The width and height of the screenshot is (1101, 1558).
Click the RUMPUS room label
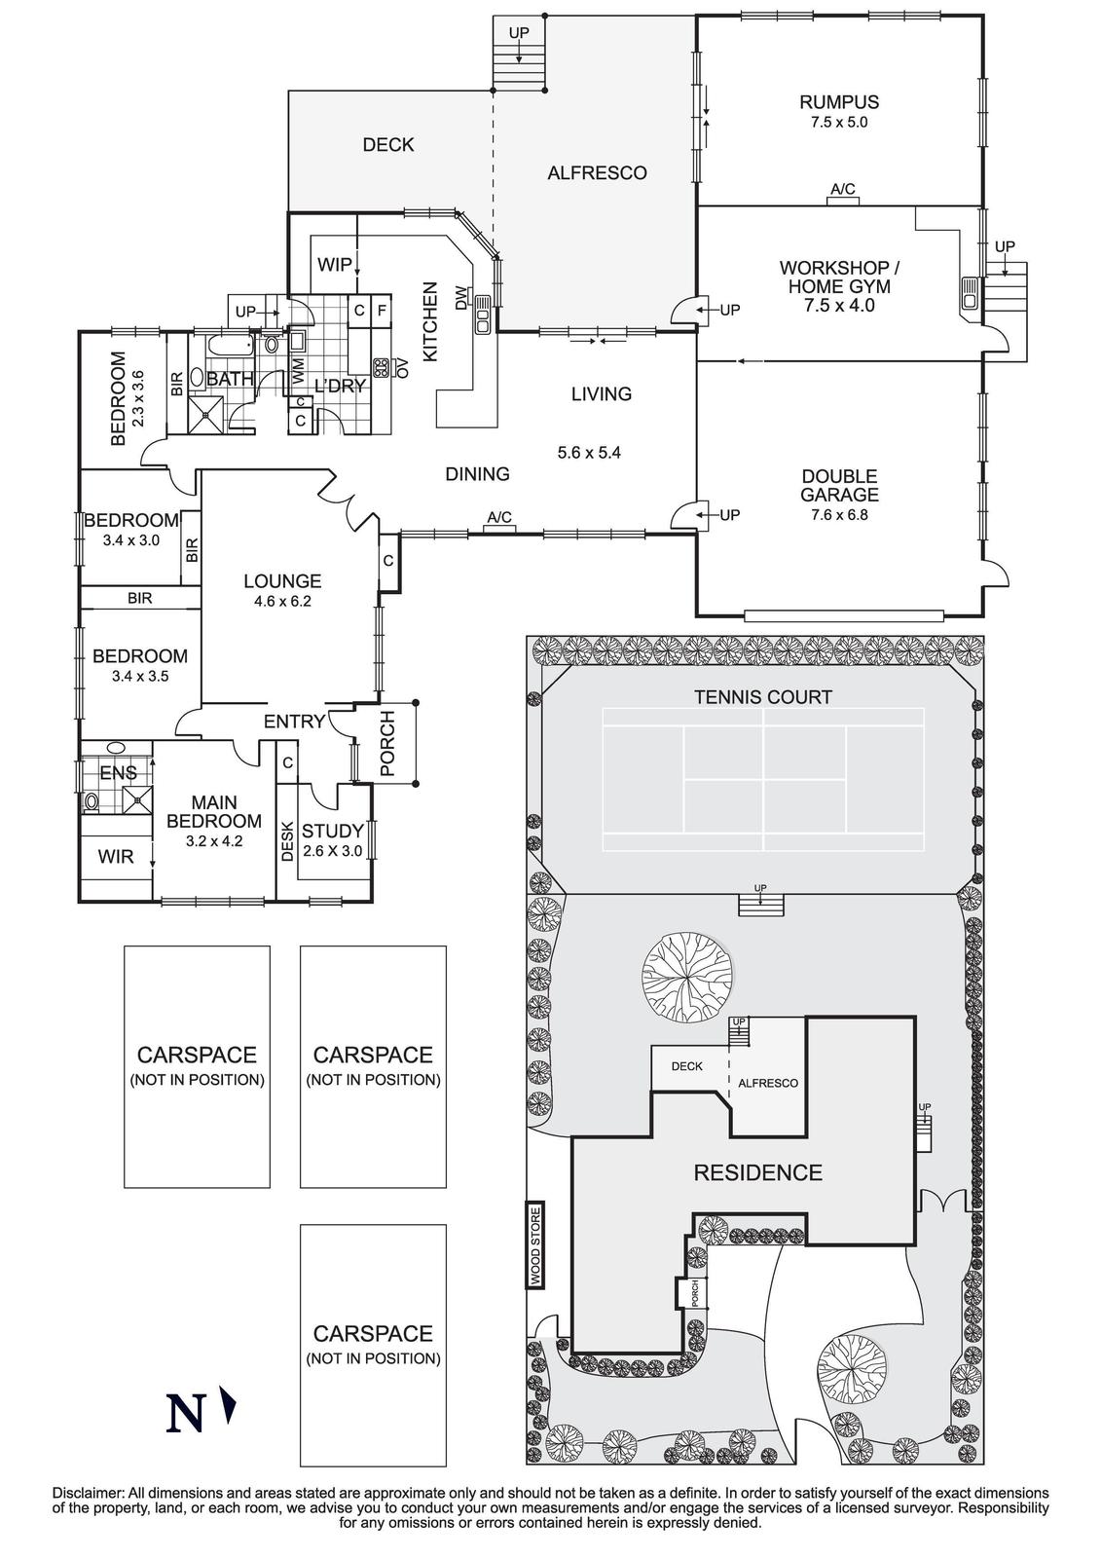click(x=838, y=101)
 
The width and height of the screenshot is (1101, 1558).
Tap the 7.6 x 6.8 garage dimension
click(x=838, y=514)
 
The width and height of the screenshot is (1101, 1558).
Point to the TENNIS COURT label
click(x=762, y=697)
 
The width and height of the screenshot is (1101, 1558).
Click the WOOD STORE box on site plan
click(x=535, y=1245)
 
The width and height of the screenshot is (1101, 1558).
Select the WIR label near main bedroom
click(x=116, y=857)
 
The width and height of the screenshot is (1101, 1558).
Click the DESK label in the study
click(x=287, y=840)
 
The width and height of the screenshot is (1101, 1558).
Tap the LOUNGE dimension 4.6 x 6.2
click(x=281, y=601)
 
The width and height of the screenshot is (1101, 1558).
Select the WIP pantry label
click(x=334, y=265)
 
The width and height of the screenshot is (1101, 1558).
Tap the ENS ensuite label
click(x=118, y=773)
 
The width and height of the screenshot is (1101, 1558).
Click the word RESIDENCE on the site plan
click(x=757, y=1172)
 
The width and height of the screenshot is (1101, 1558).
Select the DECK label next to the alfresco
click(x=387, y=145)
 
